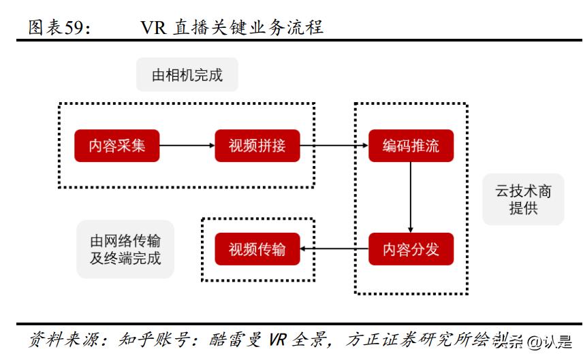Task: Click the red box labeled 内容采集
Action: coord(116,146)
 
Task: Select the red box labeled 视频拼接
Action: coord(257,146)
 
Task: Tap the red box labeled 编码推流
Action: coord(411,146)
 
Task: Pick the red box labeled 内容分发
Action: coord(411,249)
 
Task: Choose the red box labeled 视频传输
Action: coord(257,249)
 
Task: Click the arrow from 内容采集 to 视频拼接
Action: coord(187,146)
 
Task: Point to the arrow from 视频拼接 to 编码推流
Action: coord(334,146)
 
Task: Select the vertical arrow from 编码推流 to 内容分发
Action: coord(411,197)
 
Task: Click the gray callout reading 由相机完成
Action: coord(187,75)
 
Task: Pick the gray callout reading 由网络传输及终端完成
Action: coord(125,249)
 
